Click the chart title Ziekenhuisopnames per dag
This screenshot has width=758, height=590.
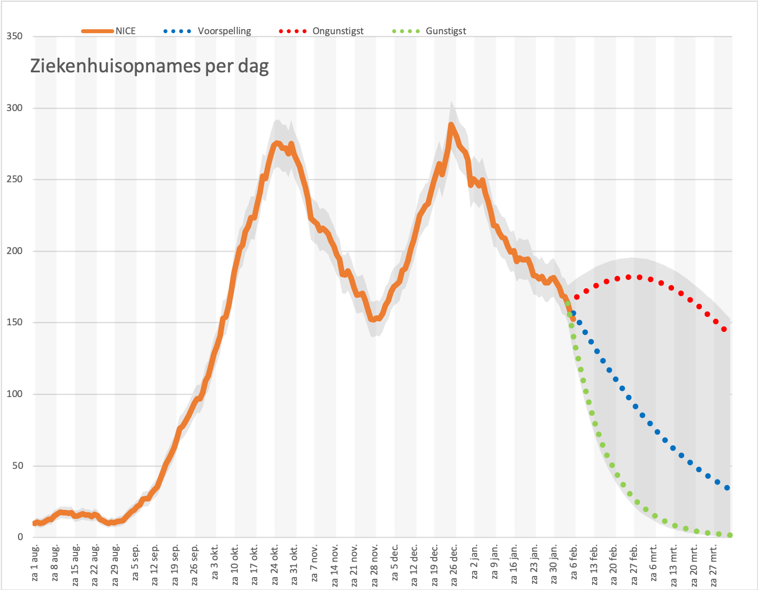pyautogui.click(x=149, y=66)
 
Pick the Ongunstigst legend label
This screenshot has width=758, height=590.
pyautogui.click(x=338, y=31)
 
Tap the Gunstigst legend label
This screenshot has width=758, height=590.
pyautogui.click(x=446, y=31)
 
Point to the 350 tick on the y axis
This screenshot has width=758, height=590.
pyautogui.click(x=15, y=36)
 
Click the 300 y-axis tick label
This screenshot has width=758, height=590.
pyautogui.click(x=15, y=108)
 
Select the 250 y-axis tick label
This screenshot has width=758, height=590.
pyautogui.click(x=15, y=179)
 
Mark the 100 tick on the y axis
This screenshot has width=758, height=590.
pyautogui.click(x=15, y=394)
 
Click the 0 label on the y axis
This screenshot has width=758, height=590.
pyautogui.click(x=20, y=537)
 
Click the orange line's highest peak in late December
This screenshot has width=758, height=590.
pyautogui.click(x=451, y=125)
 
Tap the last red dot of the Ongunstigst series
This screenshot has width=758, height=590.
pyautogui.click(x=724, y=329)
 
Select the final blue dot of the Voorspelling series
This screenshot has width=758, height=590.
pyautogui.click(x=727, y=488)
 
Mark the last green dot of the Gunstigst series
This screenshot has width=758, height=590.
pyautogui.click(x=730, y=535)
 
